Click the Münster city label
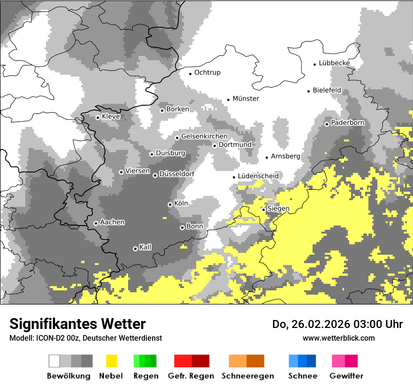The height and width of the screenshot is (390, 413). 246,99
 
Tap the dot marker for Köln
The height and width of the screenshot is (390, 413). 170,204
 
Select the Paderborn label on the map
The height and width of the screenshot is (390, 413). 348,123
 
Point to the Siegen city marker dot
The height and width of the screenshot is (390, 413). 264,210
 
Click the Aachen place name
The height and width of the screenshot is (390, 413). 112,222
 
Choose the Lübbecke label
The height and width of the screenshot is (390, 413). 334,63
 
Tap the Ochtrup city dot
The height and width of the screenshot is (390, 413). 190,73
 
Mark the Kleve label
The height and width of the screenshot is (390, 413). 111,116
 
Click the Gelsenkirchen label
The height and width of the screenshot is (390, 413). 204,136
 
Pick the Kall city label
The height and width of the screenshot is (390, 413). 145,247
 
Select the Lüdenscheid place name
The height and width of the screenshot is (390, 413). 258,176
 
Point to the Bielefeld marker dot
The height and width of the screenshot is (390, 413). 309,91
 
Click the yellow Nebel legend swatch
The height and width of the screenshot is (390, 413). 111,361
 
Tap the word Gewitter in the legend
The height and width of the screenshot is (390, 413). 346,376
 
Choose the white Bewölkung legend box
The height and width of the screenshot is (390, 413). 54,361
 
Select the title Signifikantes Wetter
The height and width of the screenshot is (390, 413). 77,324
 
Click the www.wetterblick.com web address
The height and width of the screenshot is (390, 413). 338,338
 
